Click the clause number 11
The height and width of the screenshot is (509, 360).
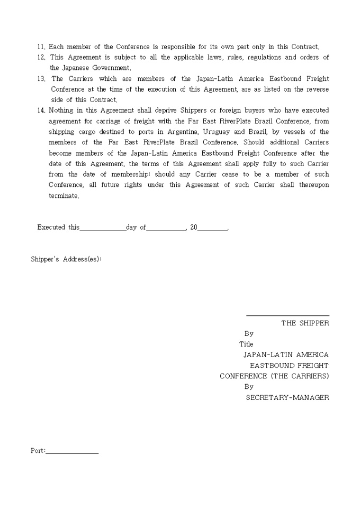click(x=41, y=47)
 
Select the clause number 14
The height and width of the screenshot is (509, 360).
click(x=41, y=111)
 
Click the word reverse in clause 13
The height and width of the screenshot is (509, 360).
click(x=316, y=89)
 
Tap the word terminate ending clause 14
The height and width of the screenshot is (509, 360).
click(x=63, y=196)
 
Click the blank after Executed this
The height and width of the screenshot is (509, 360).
click(x=103, y=228)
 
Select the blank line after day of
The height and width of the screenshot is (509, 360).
click(x=166, y=228)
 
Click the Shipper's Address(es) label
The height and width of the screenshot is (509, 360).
click(x=66, y=259)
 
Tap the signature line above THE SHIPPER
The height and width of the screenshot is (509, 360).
click(x=287, y=316)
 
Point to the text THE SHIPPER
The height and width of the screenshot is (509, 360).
click(x=305, y=323)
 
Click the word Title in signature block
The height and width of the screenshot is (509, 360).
click(x=246, y=344)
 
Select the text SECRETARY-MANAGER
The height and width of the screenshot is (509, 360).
click(x=287, y=398)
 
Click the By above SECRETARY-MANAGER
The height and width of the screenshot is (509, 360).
click(x=249, y=387)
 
